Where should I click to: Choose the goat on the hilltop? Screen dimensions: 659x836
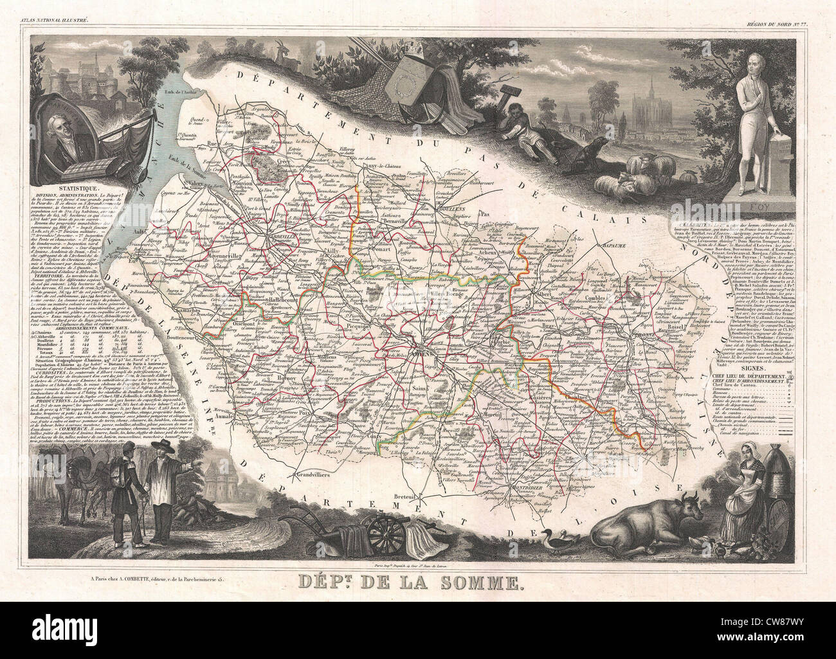point(285,52)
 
